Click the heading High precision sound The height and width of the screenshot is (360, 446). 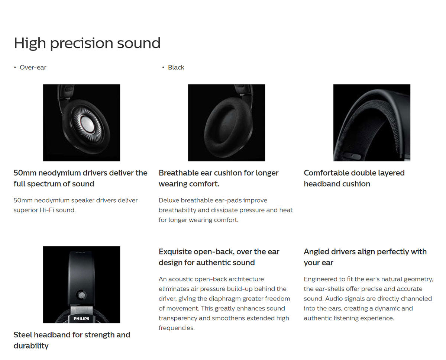pos(87,43)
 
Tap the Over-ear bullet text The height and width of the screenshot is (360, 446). pos(33,67)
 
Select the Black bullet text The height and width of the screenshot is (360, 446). pos(176,67)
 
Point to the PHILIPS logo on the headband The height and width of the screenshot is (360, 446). pos(81,318)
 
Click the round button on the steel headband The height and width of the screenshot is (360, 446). pos(81,295)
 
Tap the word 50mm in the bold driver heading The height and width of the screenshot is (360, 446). pos(25,173)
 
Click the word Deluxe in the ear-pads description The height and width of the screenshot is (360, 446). pos(169,200)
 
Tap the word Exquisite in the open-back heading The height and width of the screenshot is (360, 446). pos(175,251)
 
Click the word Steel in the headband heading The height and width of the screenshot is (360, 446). pos(23,335)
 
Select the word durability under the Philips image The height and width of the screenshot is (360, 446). pos(31,346)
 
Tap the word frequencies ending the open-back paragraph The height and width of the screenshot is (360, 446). pos(177,328)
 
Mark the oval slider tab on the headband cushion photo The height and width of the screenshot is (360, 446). pos(352,156)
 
